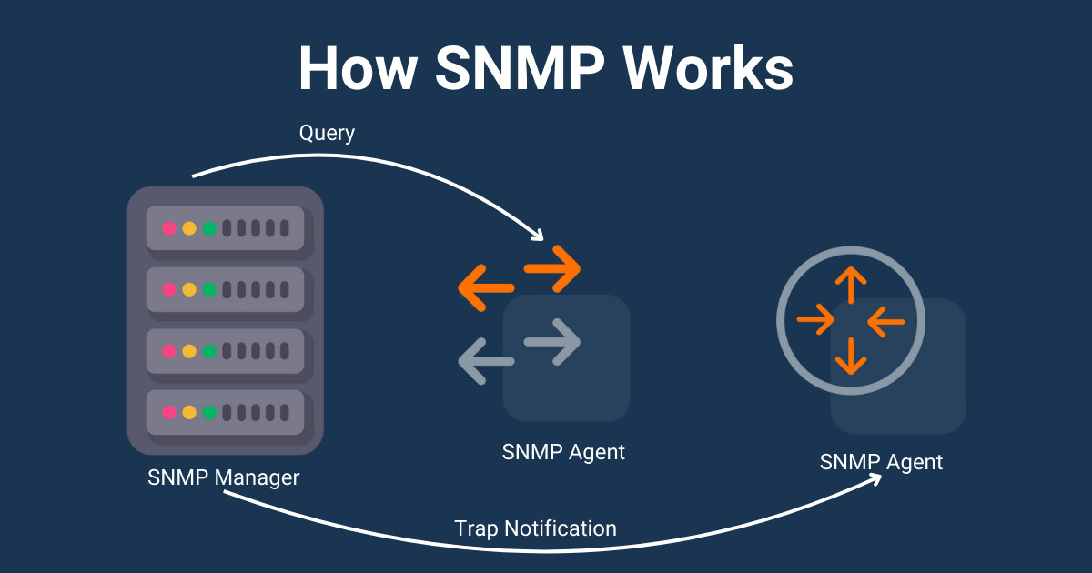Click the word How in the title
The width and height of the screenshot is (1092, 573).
pyautogui.click(x=355, y=68)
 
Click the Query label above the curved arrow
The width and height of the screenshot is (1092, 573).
pyautogui.click(x=327, y=133)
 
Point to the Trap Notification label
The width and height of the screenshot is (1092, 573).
pyautogui.click(x=535, y=528)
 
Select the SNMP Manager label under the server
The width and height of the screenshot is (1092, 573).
pyautogui.click(x=223, y=477)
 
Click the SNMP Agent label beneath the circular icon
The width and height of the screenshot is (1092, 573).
pyautogui.click(x=881, y=462)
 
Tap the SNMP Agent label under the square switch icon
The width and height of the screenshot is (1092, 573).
pyautogui.click(x=563, y=451)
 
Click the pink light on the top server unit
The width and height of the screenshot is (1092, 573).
pyautogui.click(x=169, y=228)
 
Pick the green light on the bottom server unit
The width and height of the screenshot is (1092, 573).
pyautogui.click(x=209, y=412)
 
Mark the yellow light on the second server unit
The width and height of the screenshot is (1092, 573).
pyautogui.click(x=189, y=289)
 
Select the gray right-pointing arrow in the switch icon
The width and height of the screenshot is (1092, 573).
pyautogui.click(x=553, y=342)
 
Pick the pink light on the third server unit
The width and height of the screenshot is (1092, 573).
pyautogui.click(x=169, y=350)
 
